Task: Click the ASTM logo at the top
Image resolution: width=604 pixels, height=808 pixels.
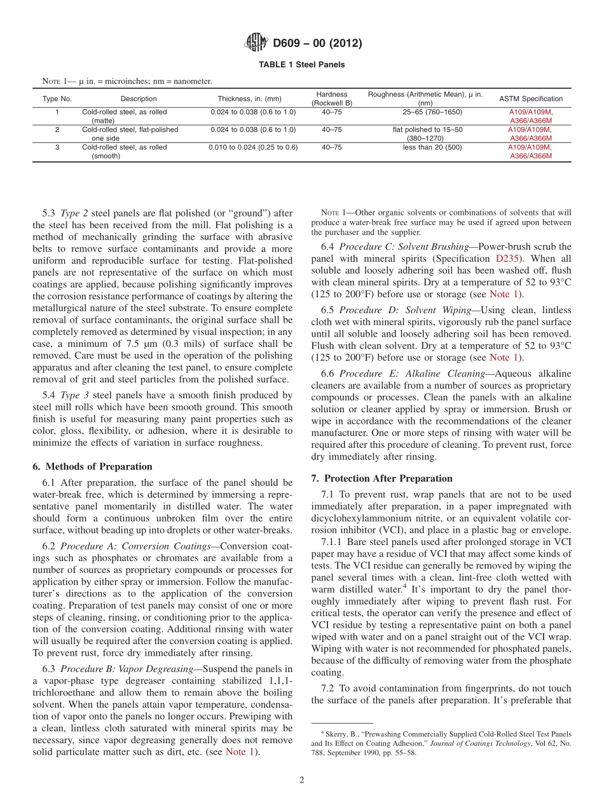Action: pos(256,43)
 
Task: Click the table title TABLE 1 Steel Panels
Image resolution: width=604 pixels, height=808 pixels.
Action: pos(301,65)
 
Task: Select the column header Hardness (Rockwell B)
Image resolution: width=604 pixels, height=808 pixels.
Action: pos(331,98)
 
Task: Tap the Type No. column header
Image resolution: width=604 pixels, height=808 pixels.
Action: pos(57,99)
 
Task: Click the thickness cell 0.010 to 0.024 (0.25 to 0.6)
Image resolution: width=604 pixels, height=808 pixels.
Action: pos(253,147)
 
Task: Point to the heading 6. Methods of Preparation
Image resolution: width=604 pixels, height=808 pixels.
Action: pos(92,466)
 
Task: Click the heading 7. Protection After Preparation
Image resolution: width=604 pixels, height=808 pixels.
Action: pos(381,478)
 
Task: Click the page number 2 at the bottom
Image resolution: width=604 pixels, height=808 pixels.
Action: pos(301,780)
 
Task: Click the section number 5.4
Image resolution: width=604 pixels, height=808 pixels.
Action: pos(49,395)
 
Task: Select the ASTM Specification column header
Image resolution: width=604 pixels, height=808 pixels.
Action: pos(531,99)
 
